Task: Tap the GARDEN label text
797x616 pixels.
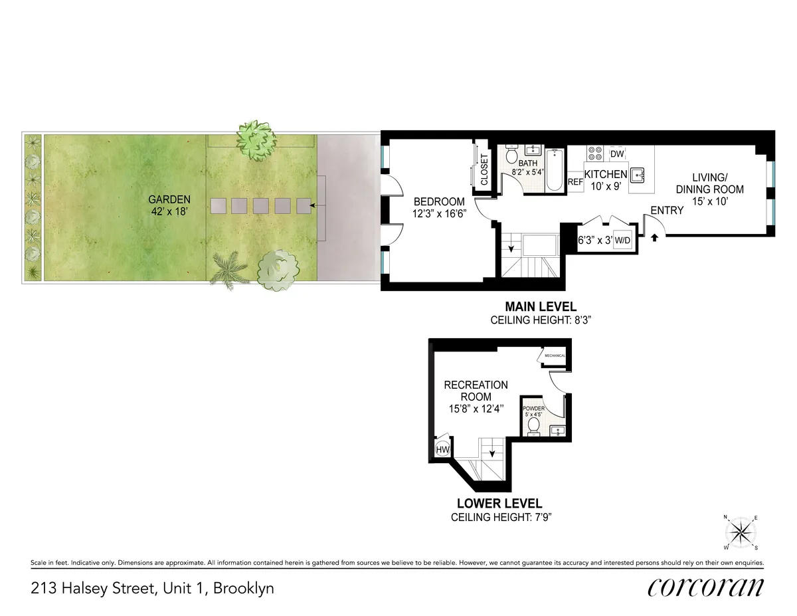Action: point(169,199)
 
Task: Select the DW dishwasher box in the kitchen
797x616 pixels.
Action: point(617,154)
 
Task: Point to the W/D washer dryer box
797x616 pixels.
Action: point(622,240)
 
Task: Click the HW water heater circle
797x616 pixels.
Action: point(443,450)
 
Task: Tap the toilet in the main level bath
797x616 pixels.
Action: point(511,156)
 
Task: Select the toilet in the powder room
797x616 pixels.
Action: point(533,425)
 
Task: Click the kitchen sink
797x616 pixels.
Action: point(640,175)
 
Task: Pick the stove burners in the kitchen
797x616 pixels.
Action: point(593,153)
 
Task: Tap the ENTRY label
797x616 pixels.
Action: point(667,211)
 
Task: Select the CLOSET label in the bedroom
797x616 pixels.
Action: point(484,169)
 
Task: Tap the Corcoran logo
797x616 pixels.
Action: point(705,587)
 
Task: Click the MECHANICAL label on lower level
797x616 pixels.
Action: point(555,356)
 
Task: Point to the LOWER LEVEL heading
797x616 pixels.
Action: point(498,504)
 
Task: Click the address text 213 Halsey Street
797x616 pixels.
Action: point(152,588)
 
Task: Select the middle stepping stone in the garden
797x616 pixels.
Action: point(261,206)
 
